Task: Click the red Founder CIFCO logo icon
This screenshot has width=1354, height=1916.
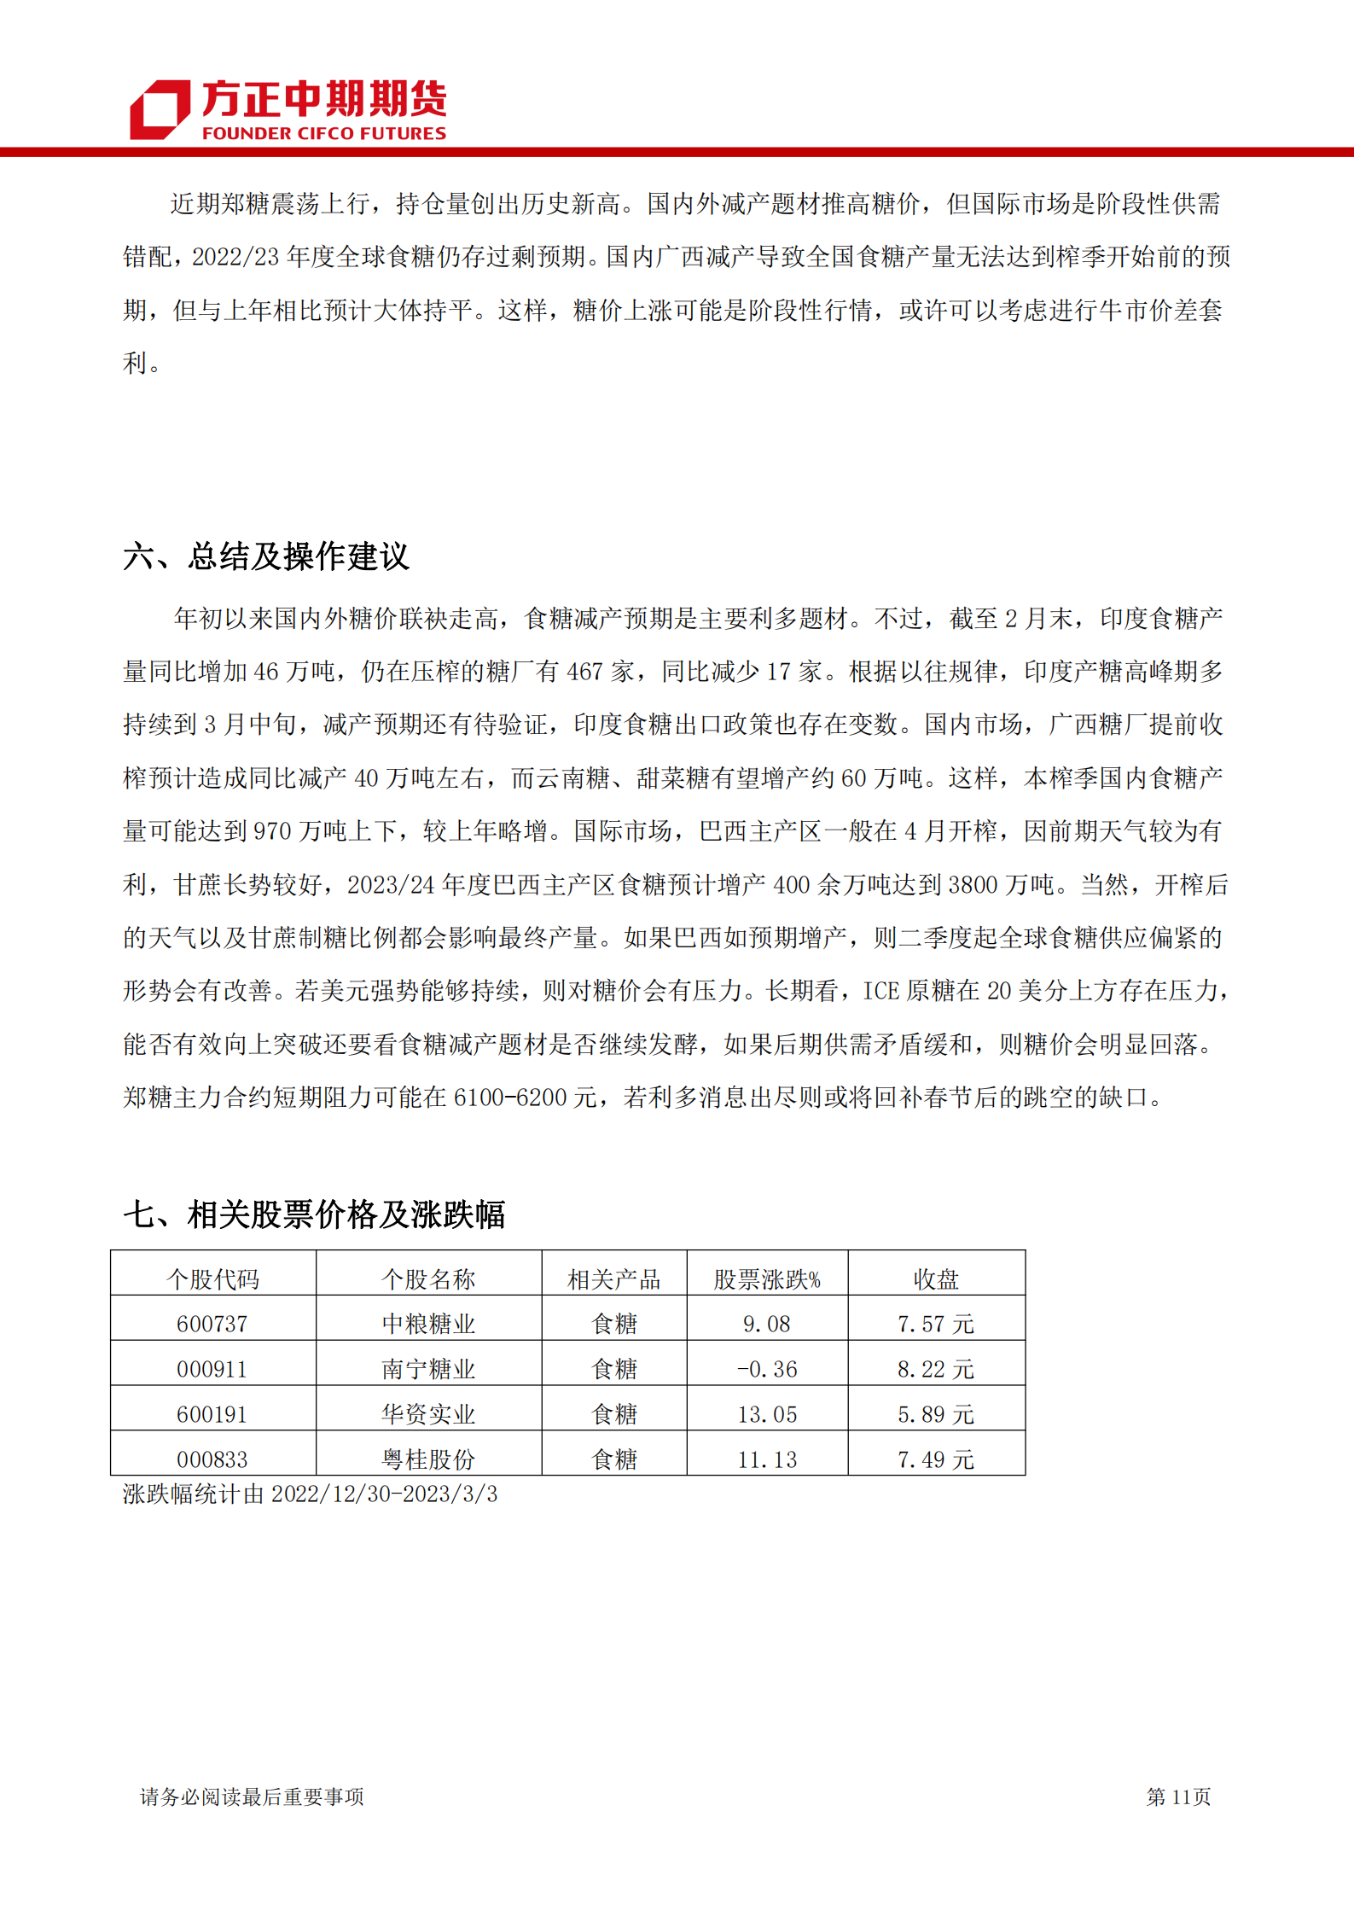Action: pyautogui.click(x=160, y=109)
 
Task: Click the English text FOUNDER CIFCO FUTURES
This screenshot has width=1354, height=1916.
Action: pyautogui.click(x=324, y=133)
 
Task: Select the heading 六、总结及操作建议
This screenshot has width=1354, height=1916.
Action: pyautogui.click(x=266, y=556)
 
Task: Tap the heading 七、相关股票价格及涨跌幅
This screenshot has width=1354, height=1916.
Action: pyautogui.click(x=314, y=1214)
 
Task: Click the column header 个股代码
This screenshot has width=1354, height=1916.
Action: pyautogui.click(x=212, y=1278)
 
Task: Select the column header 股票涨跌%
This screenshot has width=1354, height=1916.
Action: pyautogui.click(x=767, y=1278)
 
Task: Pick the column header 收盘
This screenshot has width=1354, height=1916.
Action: pyautogui.click(x=936, y=1278)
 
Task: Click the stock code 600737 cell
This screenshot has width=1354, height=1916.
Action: pyautogui.click(x=212, y=1324)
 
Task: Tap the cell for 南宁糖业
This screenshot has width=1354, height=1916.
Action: pyautogui.click(x=428, y=1369)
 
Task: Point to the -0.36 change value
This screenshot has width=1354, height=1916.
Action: pyautogui.click(x=767, y=1369)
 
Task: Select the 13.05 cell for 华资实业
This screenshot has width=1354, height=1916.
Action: pyautogui.click(x=767, y=1414)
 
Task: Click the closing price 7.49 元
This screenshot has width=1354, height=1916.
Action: pyautogui.click(x=936, y=1459)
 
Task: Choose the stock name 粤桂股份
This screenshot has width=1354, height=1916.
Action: pyautogui.click(x=428, y=1459)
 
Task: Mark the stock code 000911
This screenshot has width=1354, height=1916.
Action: pyautogui.click(x=212, y=1369)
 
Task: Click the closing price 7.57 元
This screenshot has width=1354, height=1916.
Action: pyautogui.click(x=936, y=1324)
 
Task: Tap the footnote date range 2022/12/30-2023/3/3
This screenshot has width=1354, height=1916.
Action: pyautogui.click(x=384, y=1494)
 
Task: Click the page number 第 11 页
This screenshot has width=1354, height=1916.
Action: pyautogui.click(x=1178, y=1797)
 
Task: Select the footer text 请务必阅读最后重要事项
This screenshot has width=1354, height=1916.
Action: pyautogui.click(x=252, y=1797)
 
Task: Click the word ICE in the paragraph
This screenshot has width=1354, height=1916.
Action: pyautogui.click(x=881, y=991)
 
